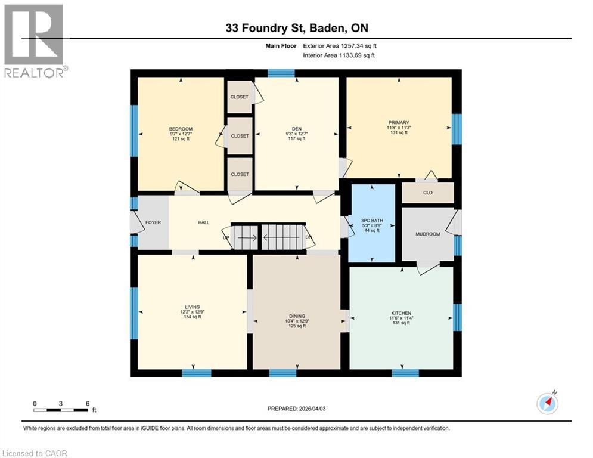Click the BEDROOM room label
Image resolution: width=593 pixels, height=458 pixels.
click(x=181, y=129)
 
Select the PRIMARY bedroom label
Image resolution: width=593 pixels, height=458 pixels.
click(x=399, y=123)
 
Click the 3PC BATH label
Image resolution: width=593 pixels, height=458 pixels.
click(x=372, y=221)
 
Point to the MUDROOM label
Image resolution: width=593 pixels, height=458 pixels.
click(x=428, y=234)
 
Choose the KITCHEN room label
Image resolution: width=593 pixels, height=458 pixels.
click(x=400, y=313)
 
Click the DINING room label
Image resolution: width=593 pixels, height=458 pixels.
click(x=297, y=316)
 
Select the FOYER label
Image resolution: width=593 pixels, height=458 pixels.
click(x=153, y=222)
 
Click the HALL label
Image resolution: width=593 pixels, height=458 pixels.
click(x=204, y=222)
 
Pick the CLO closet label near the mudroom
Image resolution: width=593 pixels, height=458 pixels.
click(x=427, y=193)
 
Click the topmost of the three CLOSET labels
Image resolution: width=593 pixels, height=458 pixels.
click(x=240, y=97)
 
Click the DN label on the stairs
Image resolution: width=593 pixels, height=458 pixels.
click(x=308, y=237)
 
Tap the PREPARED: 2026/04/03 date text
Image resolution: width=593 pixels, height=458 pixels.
click(x=296, y=409)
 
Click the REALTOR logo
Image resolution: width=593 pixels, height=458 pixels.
click(x=34, y=40)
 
